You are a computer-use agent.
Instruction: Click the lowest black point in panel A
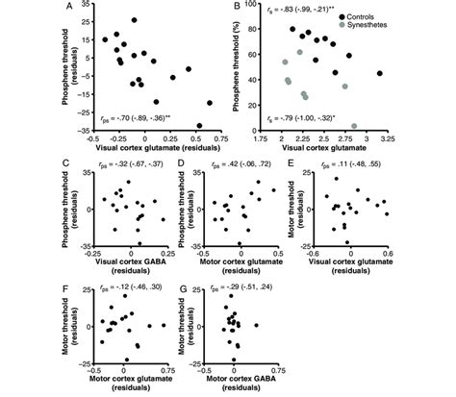point(199,126)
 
